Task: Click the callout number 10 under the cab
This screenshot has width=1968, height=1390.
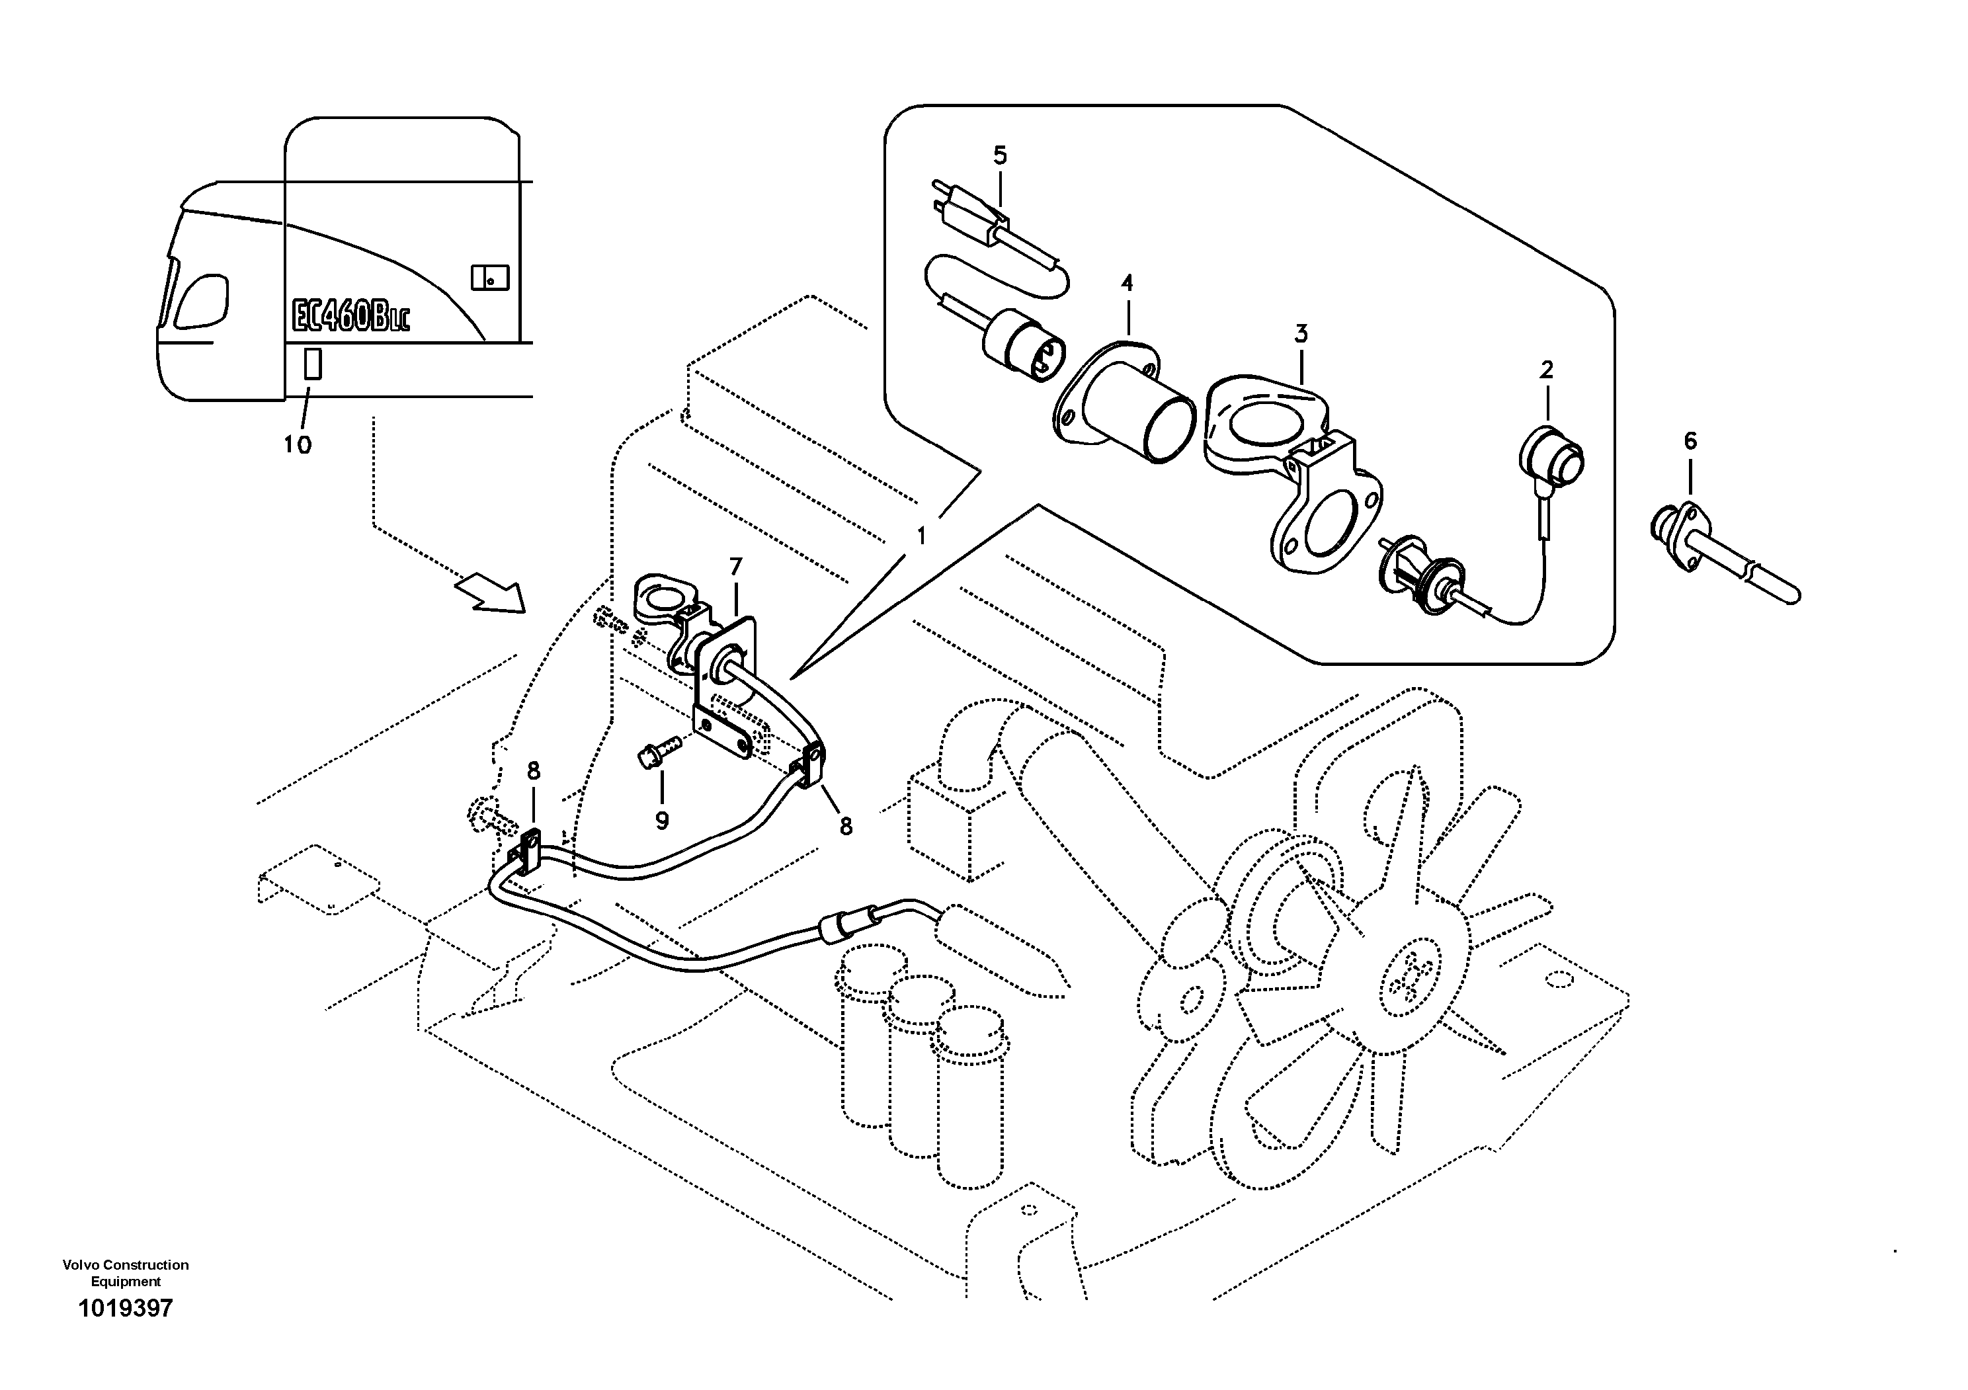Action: pos(298,445)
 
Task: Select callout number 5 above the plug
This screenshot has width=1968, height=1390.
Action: pos(999,156)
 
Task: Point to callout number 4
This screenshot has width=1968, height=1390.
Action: pos(1127,283)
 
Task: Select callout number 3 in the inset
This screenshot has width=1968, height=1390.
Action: pos(1301,334)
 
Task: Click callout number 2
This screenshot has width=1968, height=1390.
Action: pos(1546,370)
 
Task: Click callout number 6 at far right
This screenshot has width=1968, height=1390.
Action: pos(1690,441)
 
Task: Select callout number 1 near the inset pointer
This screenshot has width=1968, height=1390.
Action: pos(921,536)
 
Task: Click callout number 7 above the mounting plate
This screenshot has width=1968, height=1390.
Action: pos(735,567)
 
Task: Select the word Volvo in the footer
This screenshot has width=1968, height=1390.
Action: pos(78,1265)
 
